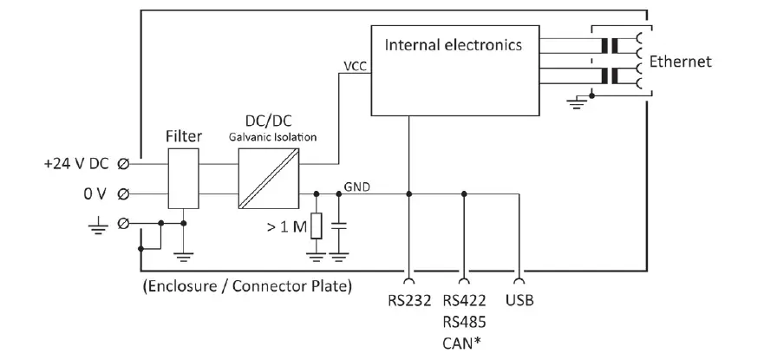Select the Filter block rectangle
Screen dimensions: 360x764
tap(184, 178)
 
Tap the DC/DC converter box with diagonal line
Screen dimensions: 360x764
tap(268, 178)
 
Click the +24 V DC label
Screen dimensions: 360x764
tap(75, 163)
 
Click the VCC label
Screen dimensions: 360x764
tap(354, 65)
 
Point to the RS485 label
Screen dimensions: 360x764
tap(464, 321)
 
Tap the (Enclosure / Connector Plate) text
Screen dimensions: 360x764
tap(246, 286)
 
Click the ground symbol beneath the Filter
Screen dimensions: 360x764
tap(184, 255)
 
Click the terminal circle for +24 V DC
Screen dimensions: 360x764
tap(125, 163)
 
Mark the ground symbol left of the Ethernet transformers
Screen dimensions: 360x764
tap(575, 103)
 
